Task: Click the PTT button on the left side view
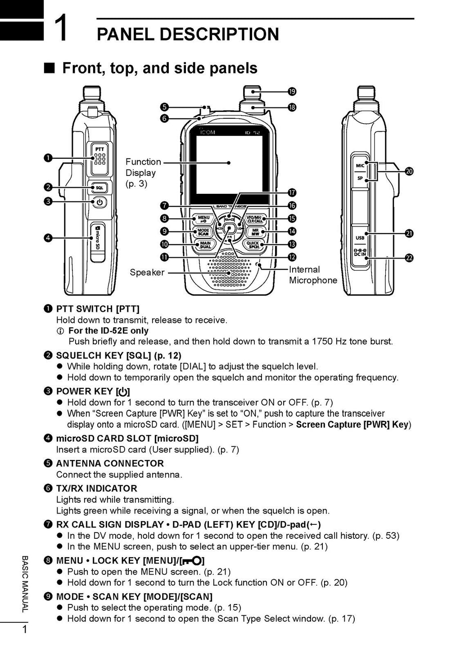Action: pos(99,158)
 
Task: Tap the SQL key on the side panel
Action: pos(99,187)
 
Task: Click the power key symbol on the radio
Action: pos(99,202)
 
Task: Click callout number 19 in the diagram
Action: pos(292,92)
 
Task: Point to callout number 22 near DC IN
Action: pos(409,258)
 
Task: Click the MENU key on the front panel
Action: pos(204,219)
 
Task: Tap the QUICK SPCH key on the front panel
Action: pos(253,245)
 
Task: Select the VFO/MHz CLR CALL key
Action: pos(255,219)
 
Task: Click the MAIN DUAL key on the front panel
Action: pos(205,245)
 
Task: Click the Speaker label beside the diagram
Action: pos(147,273)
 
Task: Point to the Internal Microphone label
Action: pos(312,275)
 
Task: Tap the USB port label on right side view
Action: pos(360,238)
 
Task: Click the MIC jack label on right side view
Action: pos(360,165)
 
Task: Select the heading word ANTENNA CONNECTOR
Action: pos(109,463)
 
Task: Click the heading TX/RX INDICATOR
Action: pos(96,488)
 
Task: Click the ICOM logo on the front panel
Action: pos(208,132)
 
